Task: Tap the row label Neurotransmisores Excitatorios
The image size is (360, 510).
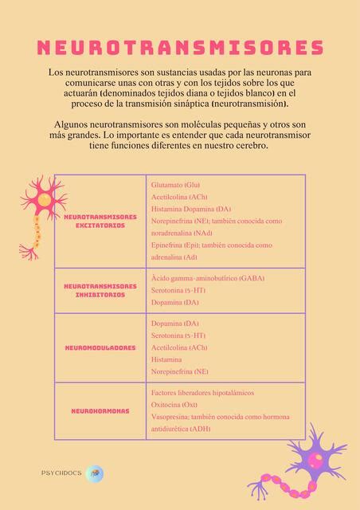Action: point(100,221)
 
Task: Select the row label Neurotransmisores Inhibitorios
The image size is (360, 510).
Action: point(100,291)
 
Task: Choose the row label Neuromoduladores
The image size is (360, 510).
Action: point(100,347)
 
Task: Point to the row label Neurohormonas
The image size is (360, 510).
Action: point(100,410)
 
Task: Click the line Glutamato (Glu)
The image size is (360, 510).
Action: point(175,185)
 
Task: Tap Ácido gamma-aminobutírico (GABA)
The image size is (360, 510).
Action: point(207,278)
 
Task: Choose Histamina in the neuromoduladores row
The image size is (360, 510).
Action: point(166,359)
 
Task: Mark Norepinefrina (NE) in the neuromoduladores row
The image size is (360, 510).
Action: point(179,371)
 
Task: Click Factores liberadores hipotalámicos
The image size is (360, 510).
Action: point(202,393)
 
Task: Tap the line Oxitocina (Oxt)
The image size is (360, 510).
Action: point(174,405)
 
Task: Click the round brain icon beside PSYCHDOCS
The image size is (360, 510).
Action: point(95,473)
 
